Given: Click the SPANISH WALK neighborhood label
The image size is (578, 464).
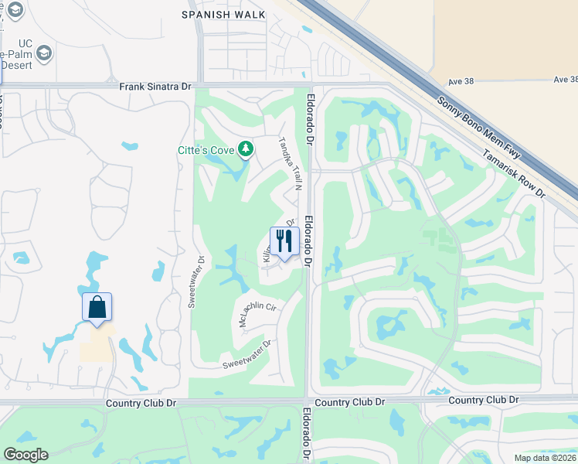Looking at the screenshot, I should (x=223, y=15).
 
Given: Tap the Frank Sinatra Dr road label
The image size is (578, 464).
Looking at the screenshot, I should (x=155, y=87).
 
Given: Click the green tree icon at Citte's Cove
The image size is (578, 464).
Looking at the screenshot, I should (x=246, y=148).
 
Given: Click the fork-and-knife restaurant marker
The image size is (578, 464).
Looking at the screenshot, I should (x=284, y=242).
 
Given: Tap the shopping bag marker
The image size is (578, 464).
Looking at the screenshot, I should (x=97, y=307).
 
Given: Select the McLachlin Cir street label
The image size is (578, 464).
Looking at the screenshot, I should (x=258, y=314).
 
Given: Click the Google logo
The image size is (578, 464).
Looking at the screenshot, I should (x=25, y=454).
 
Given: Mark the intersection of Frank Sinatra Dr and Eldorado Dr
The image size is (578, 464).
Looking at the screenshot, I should (x=309, y=85).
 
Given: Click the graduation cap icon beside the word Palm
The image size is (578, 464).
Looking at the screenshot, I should (x=46, y=53).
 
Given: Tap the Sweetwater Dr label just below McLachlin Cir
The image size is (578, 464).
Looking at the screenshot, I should (x=246, y=355).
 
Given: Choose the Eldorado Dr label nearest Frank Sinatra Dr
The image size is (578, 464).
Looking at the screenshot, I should (x=309, y=121).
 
